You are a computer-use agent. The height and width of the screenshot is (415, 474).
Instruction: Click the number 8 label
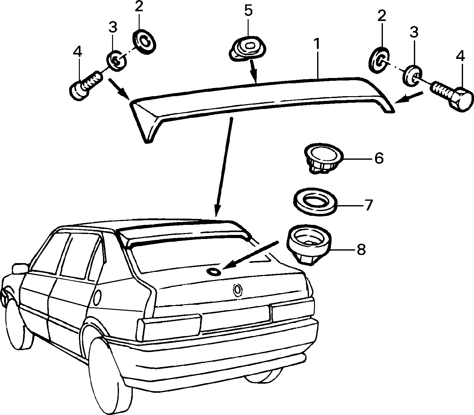[x=361, y=250]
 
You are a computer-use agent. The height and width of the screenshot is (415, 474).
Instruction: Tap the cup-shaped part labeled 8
[x=309, y=244]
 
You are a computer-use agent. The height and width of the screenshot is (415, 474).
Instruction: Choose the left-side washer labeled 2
[x=144, y=42]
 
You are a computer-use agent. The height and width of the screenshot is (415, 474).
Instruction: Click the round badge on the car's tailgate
[x=237, y=290]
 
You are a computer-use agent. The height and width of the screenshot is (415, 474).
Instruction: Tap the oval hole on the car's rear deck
[x=213, y=272]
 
